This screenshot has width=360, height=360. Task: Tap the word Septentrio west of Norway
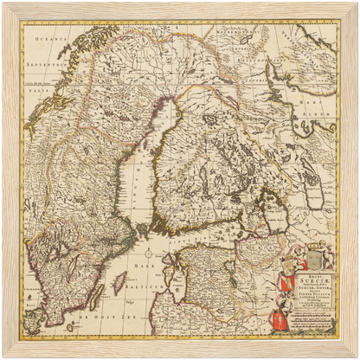(40, 66)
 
